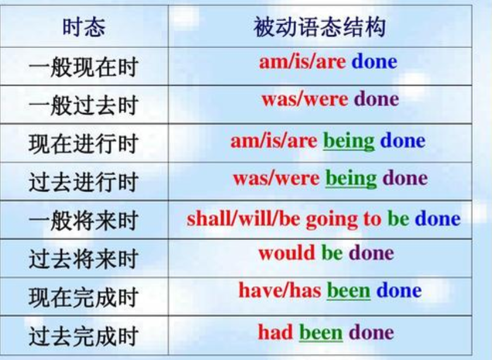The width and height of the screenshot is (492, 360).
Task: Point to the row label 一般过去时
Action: tap(84, 105)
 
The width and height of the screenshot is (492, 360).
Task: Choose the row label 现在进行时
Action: tap(84, 143)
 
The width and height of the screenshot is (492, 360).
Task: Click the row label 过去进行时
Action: tap(84, 182)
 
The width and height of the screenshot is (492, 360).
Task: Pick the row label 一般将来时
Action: tap(84, 221)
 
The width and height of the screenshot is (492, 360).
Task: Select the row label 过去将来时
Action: tap(84, 259)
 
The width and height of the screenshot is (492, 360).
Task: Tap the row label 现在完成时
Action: tap(84, 297)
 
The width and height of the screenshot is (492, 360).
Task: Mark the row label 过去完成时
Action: tap(84, 336)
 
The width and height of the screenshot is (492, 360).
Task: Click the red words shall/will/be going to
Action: tap(284, 219)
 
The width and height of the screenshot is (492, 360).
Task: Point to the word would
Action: tap(286, 253)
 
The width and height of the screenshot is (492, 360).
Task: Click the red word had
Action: tap(276, 332)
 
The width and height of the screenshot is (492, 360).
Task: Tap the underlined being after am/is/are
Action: tap(349, 141)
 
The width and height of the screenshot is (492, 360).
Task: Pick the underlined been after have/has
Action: tap(349, 290)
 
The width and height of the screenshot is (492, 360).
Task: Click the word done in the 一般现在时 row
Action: tap(374, 61)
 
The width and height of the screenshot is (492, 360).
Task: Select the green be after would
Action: tap(332, 253)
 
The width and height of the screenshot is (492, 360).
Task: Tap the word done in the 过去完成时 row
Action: tap(371, 332)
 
